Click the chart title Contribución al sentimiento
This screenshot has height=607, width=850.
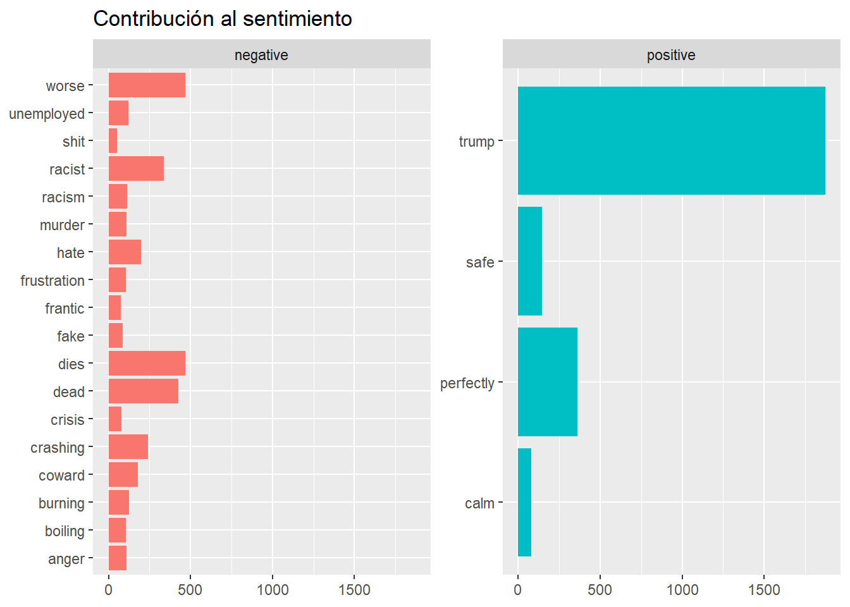(222, 19)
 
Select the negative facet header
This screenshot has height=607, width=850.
(261, 55)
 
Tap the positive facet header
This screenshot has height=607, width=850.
(670, 55)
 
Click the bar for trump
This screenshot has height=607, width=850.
(671, 140)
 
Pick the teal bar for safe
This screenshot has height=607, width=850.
(530, 261)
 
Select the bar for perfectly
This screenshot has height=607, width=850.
(548, 382)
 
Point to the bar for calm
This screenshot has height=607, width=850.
(524, 503)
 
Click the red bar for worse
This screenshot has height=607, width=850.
(147, 85)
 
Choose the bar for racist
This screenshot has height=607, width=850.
(136, 169)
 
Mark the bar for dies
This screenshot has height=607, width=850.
(147, 364)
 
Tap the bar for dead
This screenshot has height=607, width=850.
(144, 391)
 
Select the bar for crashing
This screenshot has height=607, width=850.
(128, 447)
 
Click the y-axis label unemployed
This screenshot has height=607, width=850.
(47, 114)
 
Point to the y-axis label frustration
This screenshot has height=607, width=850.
(52, 281)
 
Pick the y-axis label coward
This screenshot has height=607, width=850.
(61, 475)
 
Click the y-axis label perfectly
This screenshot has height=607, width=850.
(467, 383)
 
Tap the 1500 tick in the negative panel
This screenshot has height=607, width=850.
(354, 590)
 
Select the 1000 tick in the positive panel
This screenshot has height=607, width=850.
(682, 590)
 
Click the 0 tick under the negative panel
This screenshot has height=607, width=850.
(109, 590)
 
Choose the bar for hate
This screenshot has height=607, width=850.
(125, 252)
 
